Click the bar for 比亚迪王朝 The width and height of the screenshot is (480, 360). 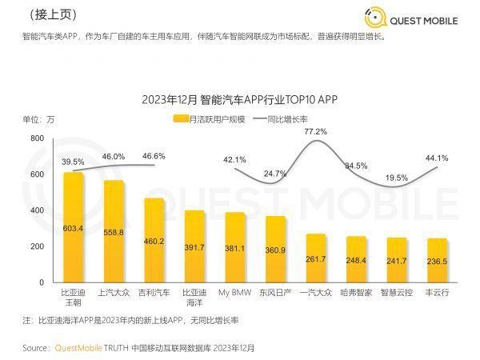[74, 228]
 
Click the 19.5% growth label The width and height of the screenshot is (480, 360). [396, 178]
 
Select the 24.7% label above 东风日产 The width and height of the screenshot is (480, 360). [275, 174]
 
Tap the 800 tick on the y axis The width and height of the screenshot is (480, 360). [37, 138]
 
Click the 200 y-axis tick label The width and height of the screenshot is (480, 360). [37, 246]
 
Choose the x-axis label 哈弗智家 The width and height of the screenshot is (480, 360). [356, 294]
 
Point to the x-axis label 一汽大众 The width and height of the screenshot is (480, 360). [315, 294]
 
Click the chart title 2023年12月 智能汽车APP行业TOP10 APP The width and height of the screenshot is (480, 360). [239, 100]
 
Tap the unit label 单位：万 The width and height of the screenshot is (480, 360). [38, 119]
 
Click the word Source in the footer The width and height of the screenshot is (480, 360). [35, 348]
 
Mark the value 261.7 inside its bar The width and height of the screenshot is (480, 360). [315, 259]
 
